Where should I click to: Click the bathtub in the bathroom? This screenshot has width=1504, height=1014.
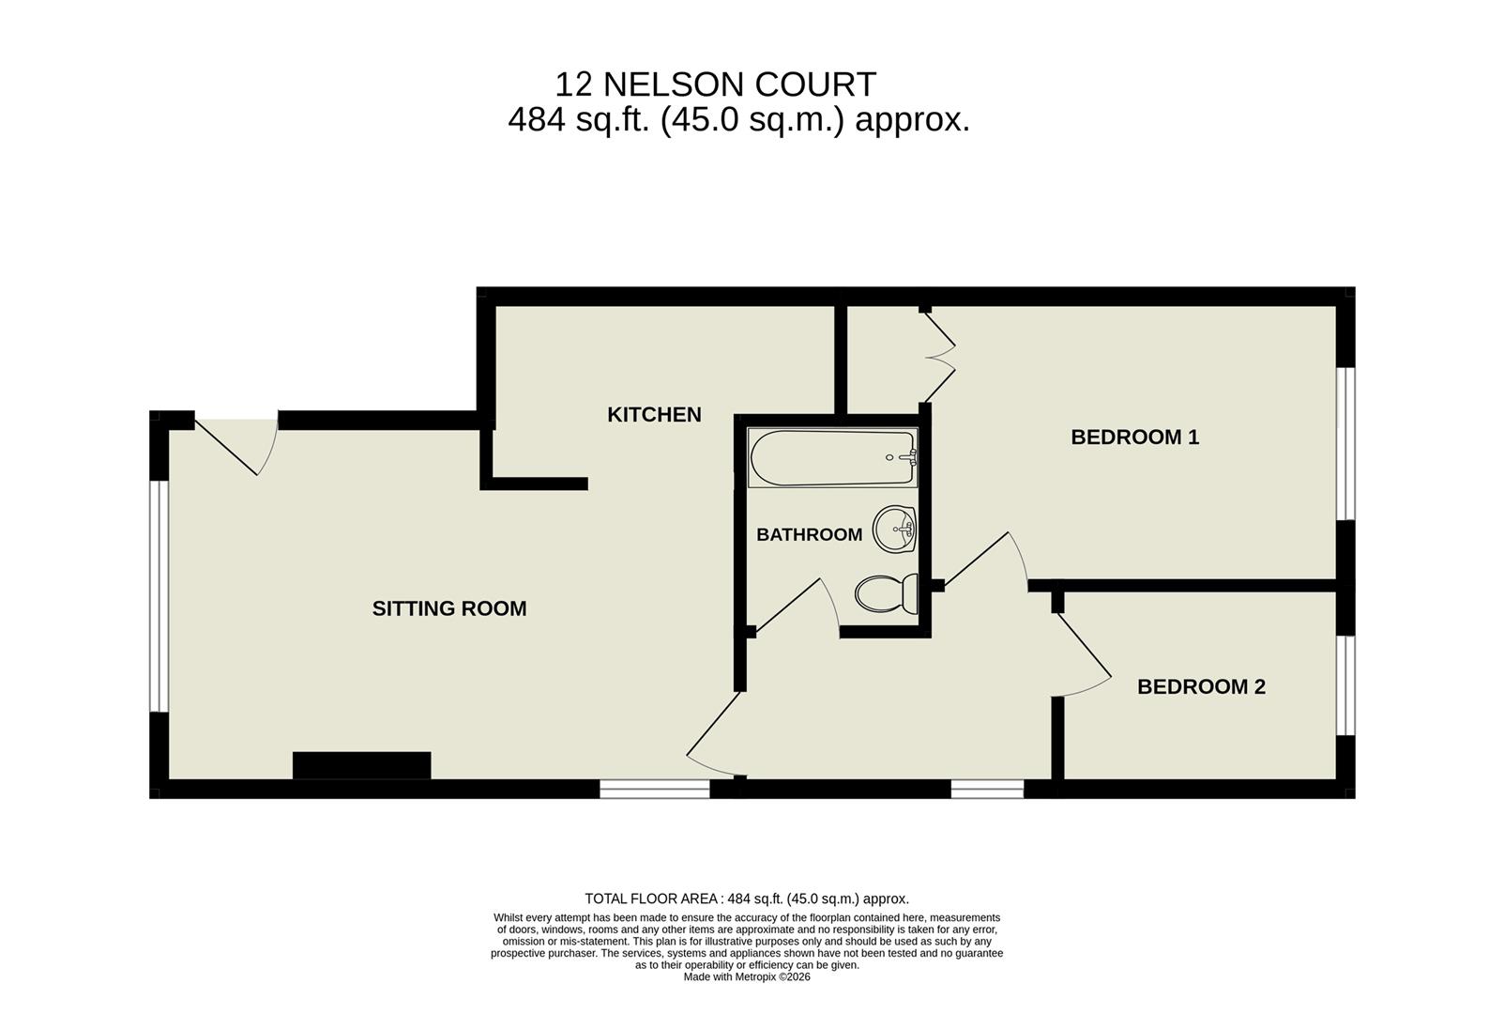(831, 458)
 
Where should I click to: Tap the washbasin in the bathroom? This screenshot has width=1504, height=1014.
(894, 530)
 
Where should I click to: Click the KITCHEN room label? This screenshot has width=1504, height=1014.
(654, 414)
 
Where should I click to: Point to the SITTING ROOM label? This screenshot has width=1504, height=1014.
(449, 608)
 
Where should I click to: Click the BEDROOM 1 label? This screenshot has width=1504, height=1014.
(1134, 437)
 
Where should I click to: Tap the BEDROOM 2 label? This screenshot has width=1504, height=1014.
(1201, 686)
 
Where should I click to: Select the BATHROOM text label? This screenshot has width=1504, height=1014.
(809, 534)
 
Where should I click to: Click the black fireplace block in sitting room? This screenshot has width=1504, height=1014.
(361, 765)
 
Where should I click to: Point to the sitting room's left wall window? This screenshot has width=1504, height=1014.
(160, 596)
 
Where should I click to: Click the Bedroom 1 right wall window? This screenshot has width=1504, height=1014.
(1346, 443)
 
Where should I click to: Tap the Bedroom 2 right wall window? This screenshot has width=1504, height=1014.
(1346, 685)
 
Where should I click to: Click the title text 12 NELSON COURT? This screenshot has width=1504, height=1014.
(715, 84)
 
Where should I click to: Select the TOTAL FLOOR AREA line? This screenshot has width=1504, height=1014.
(747, 899)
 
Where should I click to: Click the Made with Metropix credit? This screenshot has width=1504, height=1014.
(747, 976)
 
